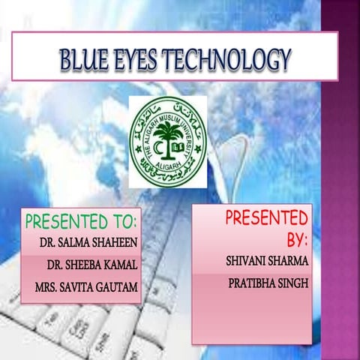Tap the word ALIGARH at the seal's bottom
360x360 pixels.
(168, 164)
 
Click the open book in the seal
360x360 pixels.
(178, 148)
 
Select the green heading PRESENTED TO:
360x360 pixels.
(82, 221)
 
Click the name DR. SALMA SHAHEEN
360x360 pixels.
(88, 242)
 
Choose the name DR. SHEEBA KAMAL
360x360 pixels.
(92, 265)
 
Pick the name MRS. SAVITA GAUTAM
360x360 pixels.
(86, 287)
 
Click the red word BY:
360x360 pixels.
(297, 240)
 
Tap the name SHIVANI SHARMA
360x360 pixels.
(267, 261)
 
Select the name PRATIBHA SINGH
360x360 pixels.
(268, 283)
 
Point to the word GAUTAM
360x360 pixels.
(117, 287)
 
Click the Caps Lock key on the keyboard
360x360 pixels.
(76, 332)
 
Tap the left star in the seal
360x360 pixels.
(137, 149)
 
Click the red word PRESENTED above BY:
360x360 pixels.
(267, 217)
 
